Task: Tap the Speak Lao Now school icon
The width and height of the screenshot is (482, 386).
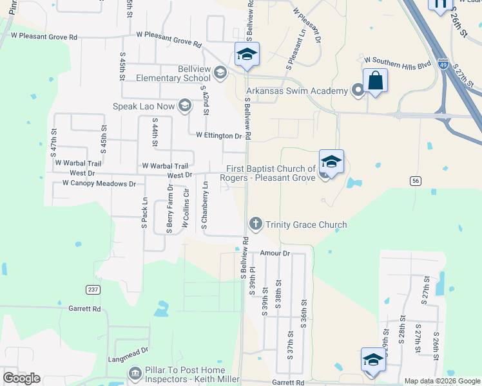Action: pyautogui.click(x=185, y=106)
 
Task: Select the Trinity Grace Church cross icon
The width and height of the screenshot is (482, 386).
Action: pyautogui.click(x=255, y=224)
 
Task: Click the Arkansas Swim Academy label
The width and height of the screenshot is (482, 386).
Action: pyautogui.click(x=296, y=91)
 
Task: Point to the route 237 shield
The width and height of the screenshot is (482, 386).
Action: pyautogui.click(x=93, y=289)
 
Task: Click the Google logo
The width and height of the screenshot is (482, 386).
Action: pyautogui.click(x=21, y=378)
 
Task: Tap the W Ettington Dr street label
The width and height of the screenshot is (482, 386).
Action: pyautogui.click(x=218, y=136)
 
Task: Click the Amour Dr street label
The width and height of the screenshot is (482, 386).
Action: pyautogui.click(x=276, y=253)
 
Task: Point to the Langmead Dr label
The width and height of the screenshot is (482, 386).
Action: pyautogui.click(x=129, y=351)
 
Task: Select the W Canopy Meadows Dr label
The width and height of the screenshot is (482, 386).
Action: pyautogui.click(x=99, y=184)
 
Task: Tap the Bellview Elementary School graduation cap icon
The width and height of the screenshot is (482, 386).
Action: pyautogui.click(x=221, y=72)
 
